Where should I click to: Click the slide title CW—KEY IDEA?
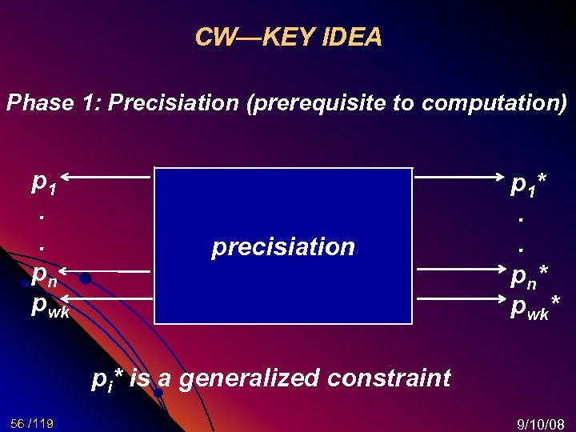click(x=288, y=37)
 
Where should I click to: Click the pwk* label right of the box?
click(x=534, y=305)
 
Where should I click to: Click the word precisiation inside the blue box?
click(x=282, y=246)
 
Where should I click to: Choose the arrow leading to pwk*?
click(x=456, y=298)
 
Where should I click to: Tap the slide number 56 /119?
click(x=33, y=422)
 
